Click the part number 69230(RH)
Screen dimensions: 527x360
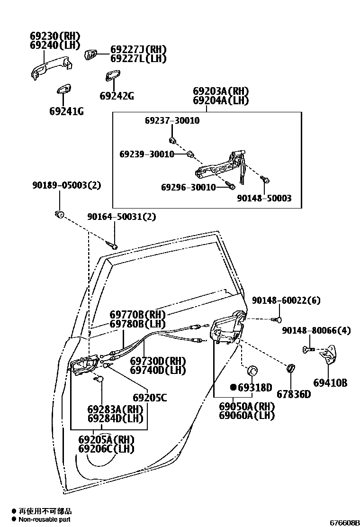pyautogui.click(x=55, y=36)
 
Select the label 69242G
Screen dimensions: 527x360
pyautogui.click(x=117, y=96)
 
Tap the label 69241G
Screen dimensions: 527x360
pyautogui.click(x=66, y=111)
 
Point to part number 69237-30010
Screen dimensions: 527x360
pyautogui.click(x=172, y=121)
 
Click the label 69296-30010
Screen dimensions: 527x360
pyautogui.click(x=188, y=187)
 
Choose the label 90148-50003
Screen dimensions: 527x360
pyautogui.click(x=264, y=198)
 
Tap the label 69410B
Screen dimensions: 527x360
pyautogui.click(x=330, y=382)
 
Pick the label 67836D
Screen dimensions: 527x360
pyautogui.click(x=294, y=394)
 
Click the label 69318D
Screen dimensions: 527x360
pyautogui.click(x=254, y=388)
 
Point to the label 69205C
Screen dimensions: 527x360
pyautogui.click(x=150, y=398)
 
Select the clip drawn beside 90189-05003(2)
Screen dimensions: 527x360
pyautogui.click(x=60, y=214)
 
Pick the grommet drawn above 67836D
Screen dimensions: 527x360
pyautogui.click(x=290, y=368)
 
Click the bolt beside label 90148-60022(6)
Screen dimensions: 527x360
pyautogui.click(x=279, y=320)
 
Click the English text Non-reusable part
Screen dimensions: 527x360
pyautogui.click(x=45, y=519)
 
